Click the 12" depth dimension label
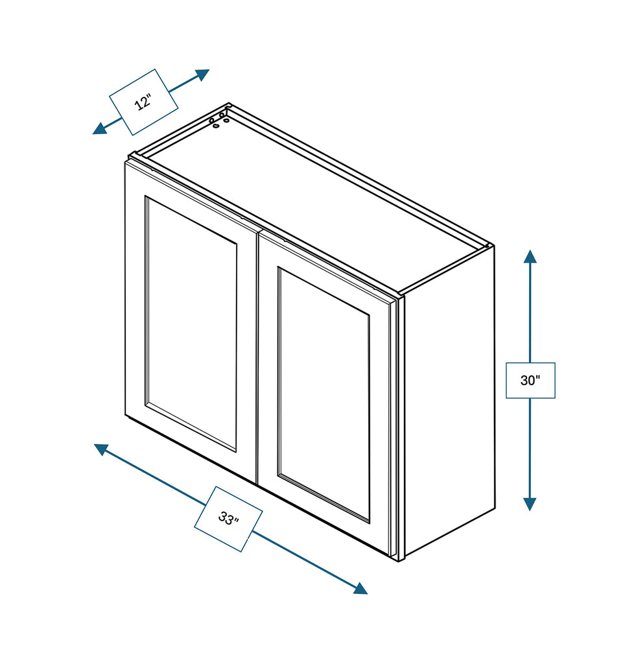143,102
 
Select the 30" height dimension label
530,380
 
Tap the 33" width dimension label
228,519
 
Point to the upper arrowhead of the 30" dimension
530,256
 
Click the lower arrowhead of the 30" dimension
530,504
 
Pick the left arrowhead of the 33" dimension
101,449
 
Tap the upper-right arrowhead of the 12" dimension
202,75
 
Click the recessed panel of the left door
191,324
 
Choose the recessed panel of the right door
324,396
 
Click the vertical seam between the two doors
257,357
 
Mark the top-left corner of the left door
126,161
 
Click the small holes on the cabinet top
218,120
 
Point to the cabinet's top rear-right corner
493,246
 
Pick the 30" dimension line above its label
530,311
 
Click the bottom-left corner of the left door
126,414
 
